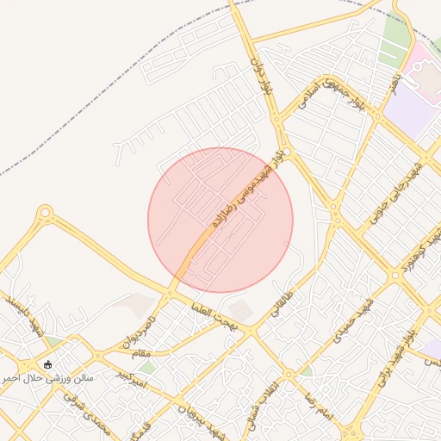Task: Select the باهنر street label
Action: coord(393,86)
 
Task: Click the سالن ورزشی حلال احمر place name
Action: coord(47,377)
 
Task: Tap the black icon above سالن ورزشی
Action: coord(47,363)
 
